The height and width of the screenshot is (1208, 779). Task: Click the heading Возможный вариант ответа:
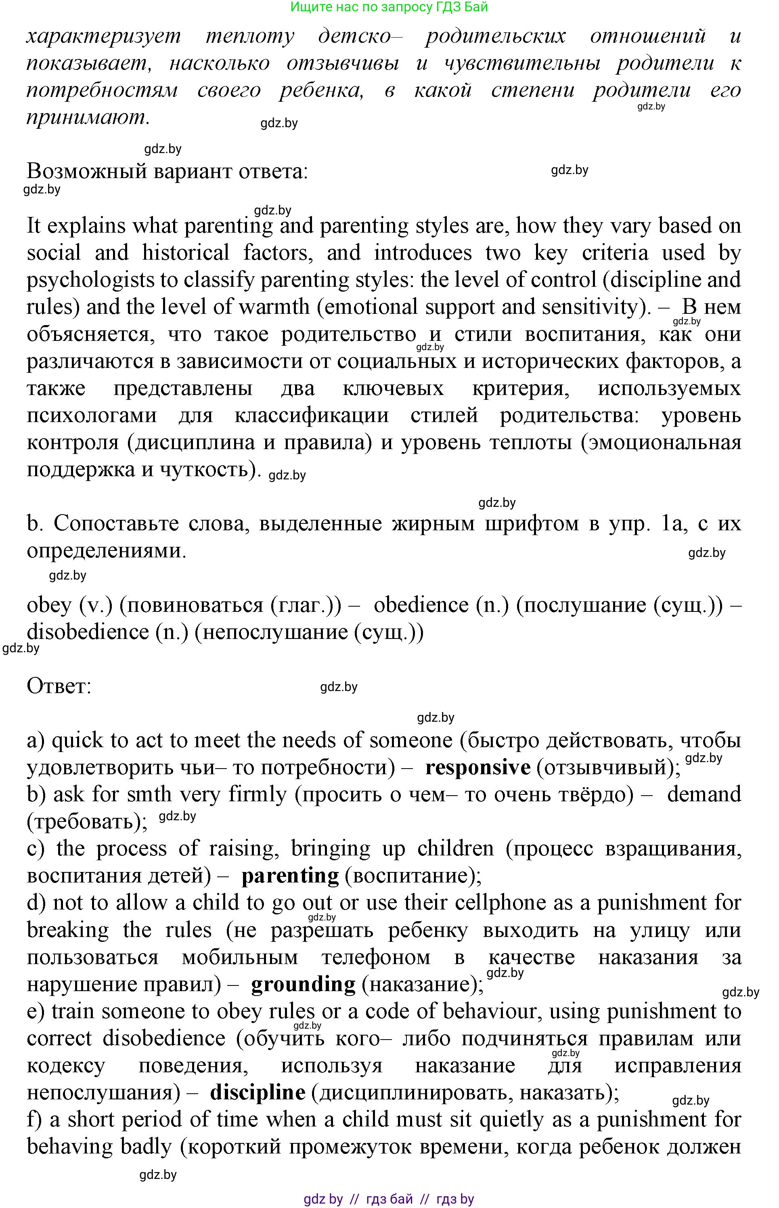167,172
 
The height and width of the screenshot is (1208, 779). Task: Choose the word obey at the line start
49,606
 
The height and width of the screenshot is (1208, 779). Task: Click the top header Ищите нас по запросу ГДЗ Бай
389,7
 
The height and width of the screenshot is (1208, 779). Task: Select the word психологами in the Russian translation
92,416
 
